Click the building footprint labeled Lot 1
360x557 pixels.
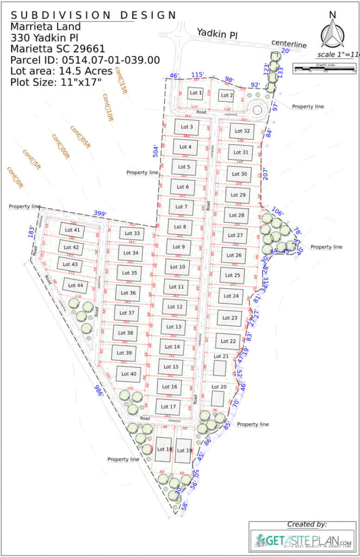point(195,93)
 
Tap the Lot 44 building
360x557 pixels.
point(73,285)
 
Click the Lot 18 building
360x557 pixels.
point(164,450)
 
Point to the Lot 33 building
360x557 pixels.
point(132,234)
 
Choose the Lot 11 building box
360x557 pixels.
point(177,287)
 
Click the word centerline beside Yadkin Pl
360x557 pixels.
point(289,44)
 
